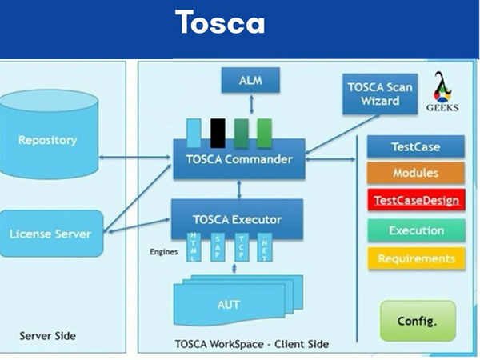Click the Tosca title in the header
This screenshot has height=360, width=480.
tap(220, 22)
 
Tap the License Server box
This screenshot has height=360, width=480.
tap(50, 234)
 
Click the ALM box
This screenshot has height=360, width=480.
tap(250, 82)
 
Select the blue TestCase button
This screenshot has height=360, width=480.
tap(415, 147)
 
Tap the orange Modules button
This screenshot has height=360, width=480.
tap(415, 173)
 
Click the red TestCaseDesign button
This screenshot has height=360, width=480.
tap(415, 200)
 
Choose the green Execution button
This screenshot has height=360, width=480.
tap(415, 230)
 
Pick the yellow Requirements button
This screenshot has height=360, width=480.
tap(415, 258)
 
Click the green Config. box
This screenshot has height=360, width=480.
tap(417, 320)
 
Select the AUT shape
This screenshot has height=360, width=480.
tap(229, 305)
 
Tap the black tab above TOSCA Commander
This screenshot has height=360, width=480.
tap(217, 130)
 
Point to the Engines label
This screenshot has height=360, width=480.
tap(163, 251)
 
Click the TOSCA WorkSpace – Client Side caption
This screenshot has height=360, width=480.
tap(251, 344)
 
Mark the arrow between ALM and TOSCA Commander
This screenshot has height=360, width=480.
tap(250, 106)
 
